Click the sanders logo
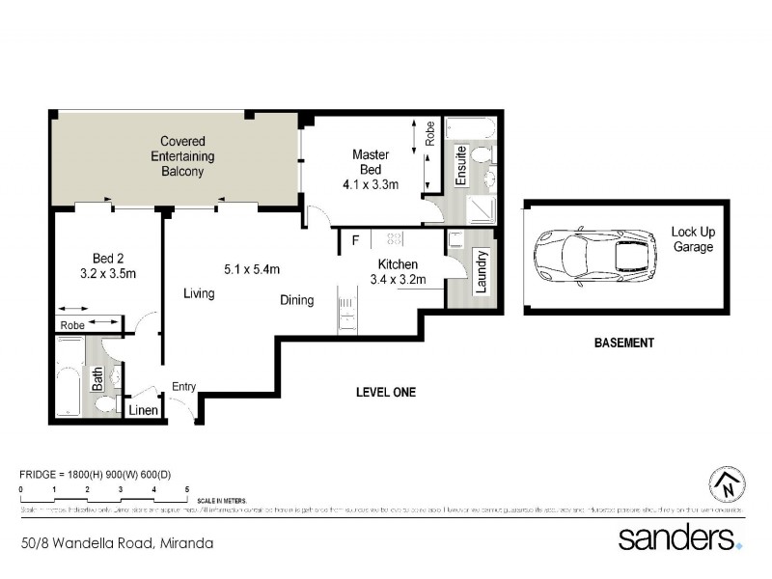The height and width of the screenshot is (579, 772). pos(679,537)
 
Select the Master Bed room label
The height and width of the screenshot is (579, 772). pos(371,162)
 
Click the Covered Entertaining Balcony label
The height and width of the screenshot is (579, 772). pos(182,156)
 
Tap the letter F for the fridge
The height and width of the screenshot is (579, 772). pos(356,239)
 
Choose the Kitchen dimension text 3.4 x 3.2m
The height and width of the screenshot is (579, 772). pos(398,281)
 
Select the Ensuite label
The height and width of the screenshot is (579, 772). pos(461,165)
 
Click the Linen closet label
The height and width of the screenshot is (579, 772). pos(143,410)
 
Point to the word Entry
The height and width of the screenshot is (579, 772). pos(184,387)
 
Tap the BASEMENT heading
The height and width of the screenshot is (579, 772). pos(624,343)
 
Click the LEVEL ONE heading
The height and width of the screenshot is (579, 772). pos(385,392)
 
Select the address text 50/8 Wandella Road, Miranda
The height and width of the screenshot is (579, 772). pos(117,543)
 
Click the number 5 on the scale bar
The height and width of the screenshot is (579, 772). pos(186,490)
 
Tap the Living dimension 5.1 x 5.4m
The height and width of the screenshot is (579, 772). pos(251,268)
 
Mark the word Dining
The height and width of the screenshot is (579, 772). pos(297,300)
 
